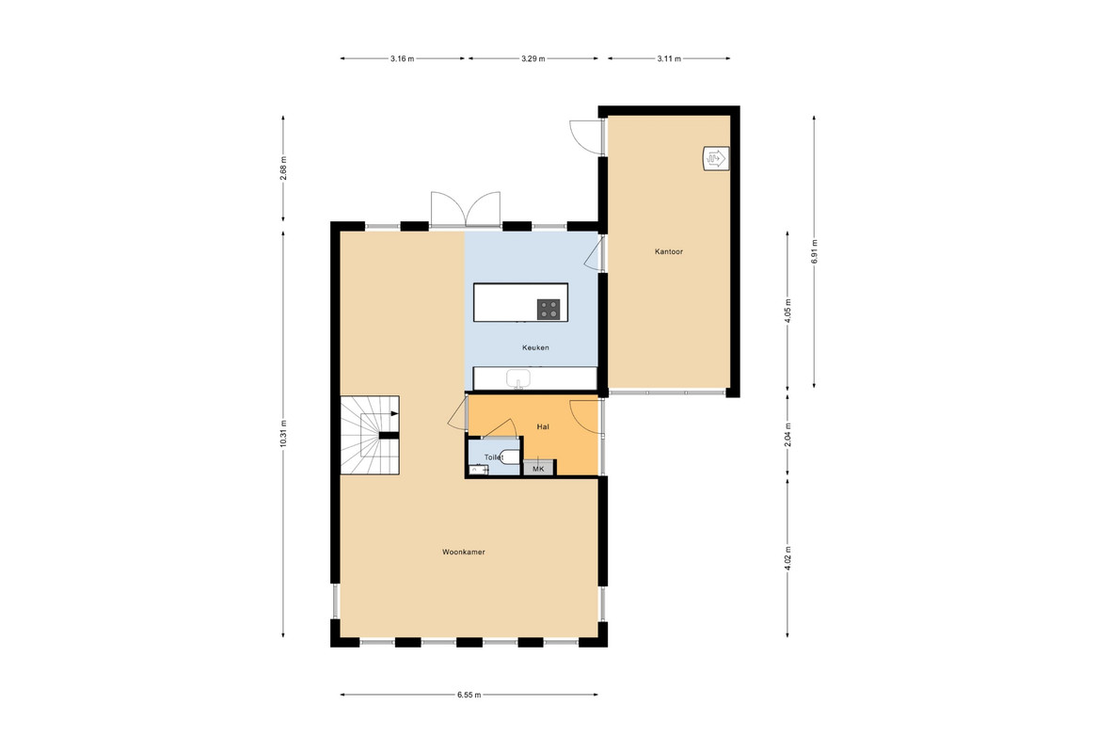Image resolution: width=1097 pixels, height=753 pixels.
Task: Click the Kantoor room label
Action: tap(668, 251)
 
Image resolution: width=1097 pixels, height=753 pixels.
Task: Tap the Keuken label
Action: tap(535, 347)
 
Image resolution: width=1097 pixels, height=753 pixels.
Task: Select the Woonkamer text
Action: tap(463, 553)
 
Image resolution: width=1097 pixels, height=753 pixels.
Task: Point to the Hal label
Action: tap(543, 426)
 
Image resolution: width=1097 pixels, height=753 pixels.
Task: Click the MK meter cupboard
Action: tap(539, 468)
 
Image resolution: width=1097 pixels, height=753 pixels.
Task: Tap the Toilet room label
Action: tap(494, 457)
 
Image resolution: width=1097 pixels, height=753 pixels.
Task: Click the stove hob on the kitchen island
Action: tap(548, 310)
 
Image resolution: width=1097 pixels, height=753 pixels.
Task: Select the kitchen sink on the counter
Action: tap(518, 378)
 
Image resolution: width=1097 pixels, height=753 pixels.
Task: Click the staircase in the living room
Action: tap(370, 435)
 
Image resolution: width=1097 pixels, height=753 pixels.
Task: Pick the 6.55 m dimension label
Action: tap(469, 695)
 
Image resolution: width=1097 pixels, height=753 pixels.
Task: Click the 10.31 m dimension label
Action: tap(283, 434)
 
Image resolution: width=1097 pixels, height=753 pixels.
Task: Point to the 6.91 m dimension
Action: tap(814, 250)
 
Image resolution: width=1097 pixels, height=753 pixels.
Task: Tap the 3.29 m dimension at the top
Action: tap(533, 58)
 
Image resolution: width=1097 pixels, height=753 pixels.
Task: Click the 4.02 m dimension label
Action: tap(787, 558)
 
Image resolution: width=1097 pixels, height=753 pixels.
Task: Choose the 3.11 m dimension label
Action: tap(669, 58)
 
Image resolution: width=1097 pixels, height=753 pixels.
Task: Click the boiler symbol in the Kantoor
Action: tap(716, 158)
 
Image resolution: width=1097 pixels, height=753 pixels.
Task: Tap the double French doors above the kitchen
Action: tap(466, 209)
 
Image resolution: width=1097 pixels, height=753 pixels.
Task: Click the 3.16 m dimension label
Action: tap(403, 58)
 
